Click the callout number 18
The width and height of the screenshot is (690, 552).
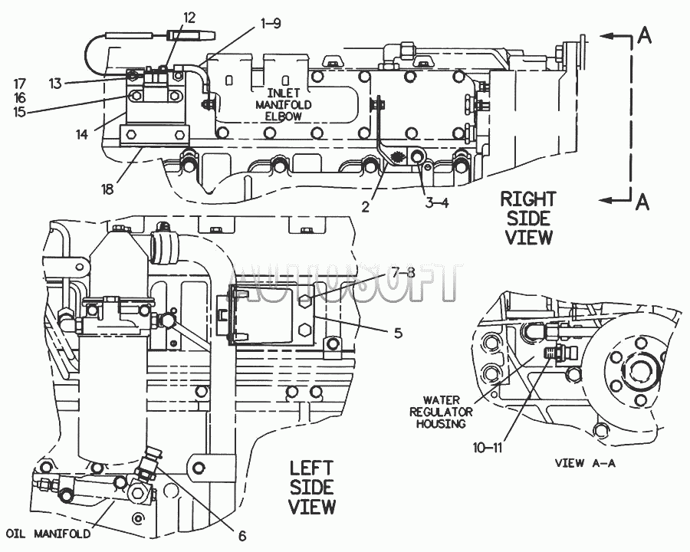[107, 189]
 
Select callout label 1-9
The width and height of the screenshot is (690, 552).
[270, 23]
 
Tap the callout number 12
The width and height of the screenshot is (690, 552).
[189, 18]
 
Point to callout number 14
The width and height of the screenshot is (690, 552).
[82, 134]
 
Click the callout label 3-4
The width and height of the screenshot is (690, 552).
[437, 203]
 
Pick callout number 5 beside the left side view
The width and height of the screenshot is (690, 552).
[398, 333]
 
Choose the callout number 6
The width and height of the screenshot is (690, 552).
[242, 536]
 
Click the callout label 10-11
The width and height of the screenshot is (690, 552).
[488, 448]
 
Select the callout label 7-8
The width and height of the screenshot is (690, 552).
[403, 273]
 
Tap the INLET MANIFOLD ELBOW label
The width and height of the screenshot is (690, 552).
[284, 105]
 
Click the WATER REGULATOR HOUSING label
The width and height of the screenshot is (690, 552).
[441, 412]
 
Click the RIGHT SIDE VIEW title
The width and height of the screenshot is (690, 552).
[528, 218]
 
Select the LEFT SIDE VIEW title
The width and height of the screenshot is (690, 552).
[312, 488]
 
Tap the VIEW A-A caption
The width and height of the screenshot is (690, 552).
[585, 463]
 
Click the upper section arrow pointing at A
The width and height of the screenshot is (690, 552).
[616, 36]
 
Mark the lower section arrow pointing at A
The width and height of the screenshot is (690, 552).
[616, 200]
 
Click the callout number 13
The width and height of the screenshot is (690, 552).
[55, 84]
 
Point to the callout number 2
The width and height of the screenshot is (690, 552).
[366, 206]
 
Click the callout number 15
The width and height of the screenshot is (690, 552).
[19, 112]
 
